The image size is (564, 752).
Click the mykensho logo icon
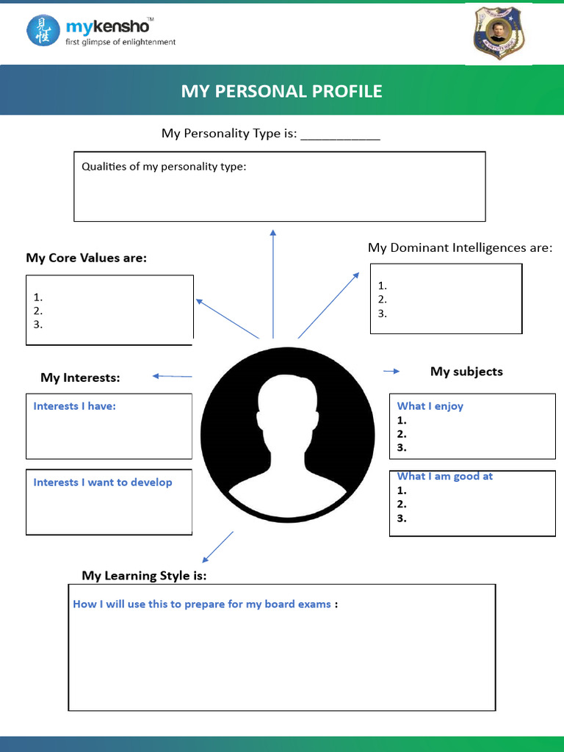click(43, 30)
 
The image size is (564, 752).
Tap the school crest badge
click(498, 33)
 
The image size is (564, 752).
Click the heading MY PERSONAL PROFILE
click(281, 91)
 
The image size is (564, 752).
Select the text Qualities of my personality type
click(164, 167)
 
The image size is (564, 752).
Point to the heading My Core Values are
click(86, 258)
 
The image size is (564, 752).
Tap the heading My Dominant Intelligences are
click(460, 247)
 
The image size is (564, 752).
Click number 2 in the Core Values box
click(37, 311)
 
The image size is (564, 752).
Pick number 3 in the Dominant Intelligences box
click(382, 314)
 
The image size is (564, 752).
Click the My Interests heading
click(80, 377)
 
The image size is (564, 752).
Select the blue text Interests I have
click(74, 406)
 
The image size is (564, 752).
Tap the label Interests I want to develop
click(103, 482)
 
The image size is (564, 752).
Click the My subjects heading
click(466, 372)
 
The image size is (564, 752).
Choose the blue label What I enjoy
click(430, 406)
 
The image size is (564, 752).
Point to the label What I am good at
click(444, 477)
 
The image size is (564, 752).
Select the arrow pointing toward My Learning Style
click(217, 546)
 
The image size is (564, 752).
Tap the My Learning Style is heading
click(144, 576)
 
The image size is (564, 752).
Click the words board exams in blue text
click(303, 604)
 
